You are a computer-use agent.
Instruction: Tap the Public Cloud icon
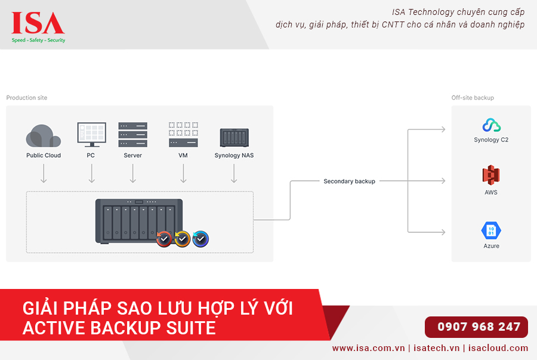(x=44, y=136)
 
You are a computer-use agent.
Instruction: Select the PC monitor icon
(x=91, y=135)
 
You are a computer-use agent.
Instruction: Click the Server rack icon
(x=132, y=135)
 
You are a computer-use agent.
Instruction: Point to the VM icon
(x=183, y=135)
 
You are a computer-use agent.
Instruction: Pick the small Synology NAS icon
(x=234, y=137)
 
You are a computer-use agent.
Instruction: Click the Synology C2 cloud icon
(x=491, y=125)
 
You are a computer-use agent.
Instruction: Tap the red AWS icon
(x=491, y=176)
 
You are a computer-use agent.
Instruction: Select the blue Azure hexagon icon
(x=491, y=230)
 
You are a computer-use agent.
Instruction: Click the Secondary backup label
(x=349, y=181)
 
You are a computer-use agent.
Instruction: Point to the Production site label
(x=27, y=97)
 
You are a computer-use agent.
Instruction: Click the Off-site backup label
(x=473, y=97)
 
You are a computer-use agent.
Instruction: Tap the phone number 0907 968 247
(x=479, y=327)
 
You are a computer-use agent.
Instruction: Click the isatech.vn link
(x=437, y=348)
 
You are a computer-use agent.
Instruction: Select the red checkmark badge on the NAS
(x=164, y=239)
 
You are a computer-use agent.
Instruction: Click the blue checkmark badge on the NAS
(x=201, y=239)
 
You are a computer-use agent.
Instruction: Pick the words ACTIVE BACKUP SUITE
(x=119, y=328)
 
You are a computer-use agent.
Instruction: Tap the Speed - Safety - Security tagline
(x=39, y=40)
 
